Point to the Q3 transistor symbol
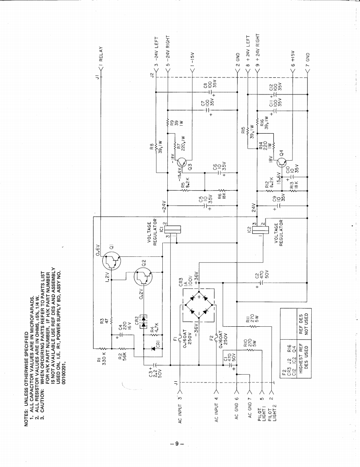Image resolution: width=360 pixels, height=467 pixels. tap(183, 162)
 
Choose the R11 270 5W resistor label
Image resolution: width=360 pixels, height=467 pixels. tap(248, 320)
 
